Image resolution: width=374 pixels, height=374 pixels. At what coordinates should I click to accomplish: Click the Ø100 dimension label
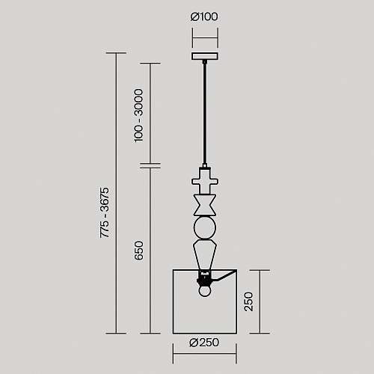point(204,16)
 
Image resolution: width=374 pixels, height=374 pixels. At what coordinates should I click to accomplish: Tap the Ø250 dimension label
point(204,343)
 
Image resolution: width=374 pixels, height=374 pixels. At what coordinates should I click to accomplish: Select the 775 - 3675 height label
point(105,212)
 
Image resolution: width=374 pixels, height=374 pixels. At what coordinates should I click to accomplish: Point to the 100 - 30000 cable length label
point(138,116)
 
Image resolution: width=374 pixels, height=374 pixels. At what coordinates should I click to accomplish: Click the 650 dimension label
point(139,251)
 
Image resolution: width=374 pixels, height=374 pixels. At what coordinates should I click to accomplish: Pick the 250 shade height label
point(248,301)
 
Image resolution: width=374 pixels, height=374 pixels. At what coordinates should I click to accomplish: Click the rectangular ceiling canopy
point(205,56)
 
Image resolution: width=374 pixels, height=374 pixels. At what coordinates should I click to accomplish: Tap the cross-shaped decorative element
point(205,181)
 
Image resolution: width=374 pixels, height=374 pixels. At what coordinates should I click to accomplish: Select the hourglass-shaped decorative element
point(205,205)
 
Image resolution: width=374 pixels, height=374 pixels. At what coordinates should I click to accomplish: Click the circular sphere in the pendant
point(205,228)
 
